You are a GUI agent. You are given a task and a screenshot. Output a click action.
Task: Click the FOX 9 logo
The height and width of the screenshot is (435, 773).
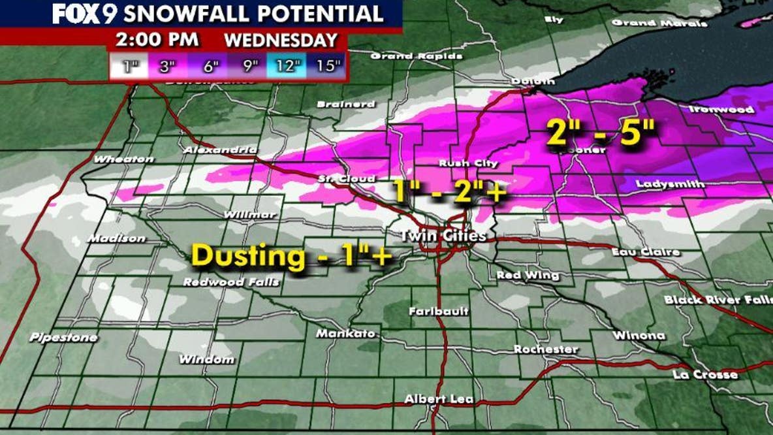pos(84,13)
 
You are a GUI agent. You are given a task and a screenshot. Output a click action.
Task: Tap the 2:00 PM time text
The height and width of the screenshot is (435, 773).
pos(157,39)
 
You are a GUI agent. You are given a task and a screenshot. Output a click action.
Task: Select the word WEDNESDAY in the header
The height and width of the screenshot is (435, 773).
pos(281,39)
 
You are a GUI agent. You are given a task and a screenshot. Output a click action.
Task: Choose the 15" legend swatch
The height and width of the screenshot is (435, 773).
pos(327,66)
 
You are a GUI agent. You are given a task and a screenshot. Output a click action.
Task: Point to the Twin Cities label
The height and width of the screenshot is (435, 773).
pos(443,235)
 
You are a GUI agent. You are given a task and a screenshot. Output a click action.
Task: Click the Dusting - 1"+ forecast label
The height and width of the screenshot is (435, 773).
pos(291,256)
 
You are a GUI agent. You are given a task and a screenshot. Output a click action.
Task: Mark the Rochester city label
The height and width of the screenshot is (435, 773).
pos(545,349)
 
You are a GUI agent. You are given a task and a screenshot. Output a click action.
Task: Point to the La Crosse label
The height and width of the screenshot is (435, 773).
pos(705,374)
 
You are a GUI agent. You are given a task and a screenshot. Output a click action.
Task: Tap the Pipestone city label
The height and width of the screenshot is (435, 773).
pos(63,338)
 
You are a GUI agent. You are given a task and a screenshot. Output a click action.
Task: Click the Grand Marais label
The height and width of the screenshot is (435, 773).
pos(659,23)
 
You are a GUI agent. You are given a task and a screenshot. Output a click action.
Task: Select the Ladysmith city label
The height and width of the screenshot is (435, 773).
pos(670,184)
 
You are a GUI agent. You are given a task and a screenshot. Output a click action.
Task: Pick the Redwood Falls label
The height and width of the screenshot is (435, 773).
pos(230,282)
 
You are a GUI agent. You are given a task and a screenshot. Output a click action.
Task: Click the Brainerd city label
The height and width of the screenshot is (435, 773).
pos(345,104)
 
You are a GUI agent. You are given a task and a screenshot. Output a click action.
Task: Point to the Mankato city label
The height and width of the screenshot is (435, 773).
pos(345,334)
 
